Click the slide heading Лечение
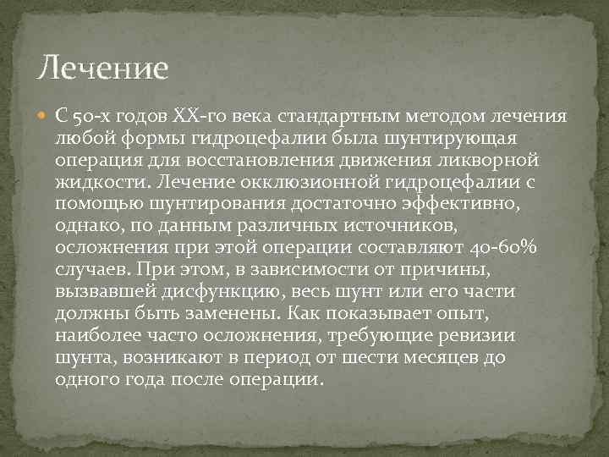click(x=105, y=65)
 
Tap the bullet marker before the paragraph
click(x=43, y=115)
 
